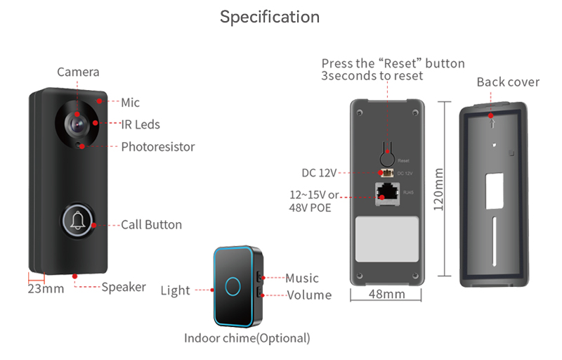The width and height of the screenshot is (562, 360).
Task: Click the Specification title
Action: (x=270, y=17)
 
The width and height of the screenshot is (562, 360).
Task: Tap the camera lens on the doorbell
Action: (x=77, y=122)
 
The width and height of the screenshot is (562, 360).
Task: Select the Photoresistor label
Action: (x=157, y=147)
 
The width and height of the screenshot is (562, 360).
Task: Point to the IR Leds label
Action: (x=140, y=124)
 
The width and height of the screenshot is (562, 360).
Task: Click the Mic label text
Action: (x=130, y=103)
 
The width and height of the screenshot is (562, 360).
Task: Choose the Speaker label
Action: (x=124, y=287)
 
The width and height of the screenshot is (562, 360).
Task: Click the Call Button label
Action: (x=151, y=225)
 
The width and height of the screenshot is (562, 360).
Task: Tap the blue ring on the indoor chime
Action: (x=232, y=285)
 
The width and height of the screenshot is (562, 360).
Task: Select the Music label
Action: (x=302, y=278)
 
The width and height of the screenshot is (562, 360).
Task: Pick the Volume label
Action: (x=309, y=295)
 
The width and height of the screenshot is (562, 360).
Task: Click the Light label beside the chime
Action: (x=175, y=290)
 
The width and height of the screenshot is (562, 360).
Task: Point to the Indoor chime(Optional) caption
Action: (x=247, y=338)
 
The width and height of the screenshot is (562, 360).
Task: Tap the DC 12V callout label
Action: (x=320, y=172)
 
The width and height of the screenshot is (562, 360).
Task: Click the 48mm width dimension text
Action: (x=386, y=294)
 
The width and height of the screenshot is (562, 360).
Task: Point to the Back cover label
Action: (x=508, y=82)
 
